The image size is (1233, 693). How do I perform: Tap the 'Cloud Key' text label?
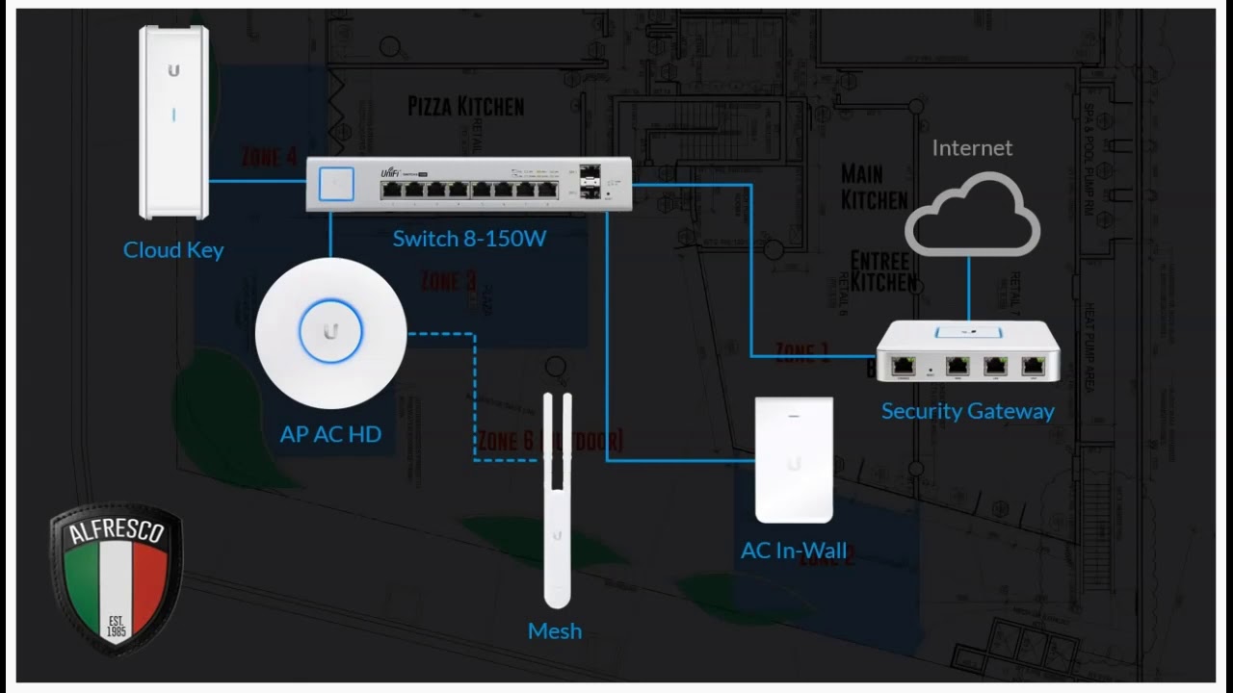click(173, 250)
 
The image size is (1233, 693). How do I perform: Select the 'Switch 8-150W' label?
click(469, 239)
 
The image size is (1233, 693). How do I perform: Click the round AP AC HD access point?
click(330, 333)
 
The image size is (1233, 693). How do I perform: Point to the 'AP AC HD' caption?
click(330, 434)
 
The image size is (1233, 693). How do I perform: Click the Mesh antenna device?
click(556, 500)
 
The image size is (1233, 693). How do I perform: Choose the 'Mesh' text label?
click(555, 631)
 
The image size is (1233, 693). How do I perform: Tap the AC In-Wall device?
click(794, 459)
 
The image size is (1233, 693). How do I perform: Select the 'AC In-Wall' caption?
click(794, 551)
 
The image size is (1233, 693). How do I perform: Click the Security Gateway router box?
click(967, 352)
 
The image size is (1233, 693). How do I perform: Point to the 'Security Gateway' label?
click(967, 412)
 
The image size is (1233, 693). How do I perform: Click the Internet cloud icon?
click(971, 216)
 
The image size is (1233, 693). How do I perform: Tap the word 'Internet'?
click(972, 148)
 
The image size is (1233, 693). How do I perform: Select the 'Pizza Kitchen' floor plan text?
click(465, 106)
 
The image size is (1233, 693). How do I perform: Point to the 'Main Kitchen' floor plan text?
click(874, 186)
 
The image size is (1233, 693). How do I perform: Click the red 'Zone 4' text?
click(269, 156)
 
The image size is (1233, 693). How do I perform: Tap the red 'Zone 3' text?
click(448, 281)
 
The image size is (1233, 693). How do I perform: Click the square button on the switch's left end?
click(336, 184)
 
